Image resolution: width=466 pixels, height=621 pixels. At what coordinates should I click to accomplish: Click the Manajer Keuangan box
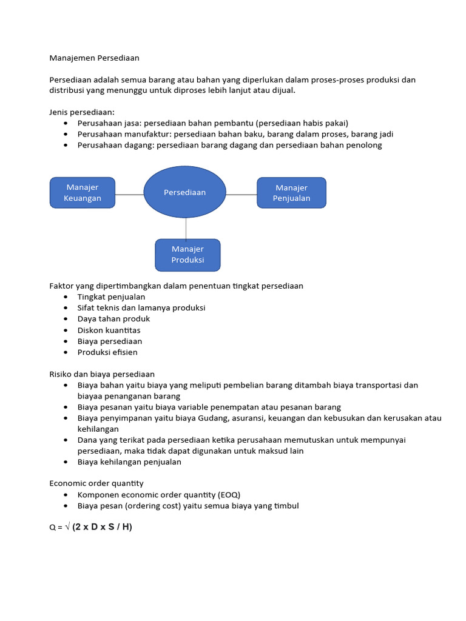[x=82, y=193]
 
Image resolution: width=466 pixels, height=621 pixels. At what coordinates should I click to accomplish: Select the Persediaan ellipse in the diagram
[x=185, y=192]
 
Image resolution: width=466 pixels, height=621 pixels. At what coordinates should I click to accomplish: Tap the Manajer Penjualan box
[x=291, y=193]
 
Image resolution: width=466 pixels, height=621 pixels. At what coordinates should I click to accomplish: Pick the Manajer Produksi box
[x=187, y=255]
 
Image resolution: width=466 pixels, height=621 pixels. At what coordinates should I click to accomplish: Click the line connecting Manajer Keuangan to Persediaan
[x=129, y=195]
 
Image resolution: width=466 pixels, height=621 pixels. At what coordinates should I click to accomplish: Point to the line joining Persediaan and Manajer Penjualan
[x=241, y=195]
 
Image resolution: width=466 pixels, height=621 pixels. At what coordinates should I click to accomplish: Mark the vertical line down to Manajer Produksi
[x=186, y=228]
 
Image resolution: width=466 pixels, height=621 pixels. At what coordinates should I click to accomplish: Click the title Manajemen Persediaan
[x=94, y=58]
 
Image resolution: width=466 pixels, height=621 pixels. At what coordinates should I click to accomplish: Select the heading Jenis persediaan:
[x=82, y=112]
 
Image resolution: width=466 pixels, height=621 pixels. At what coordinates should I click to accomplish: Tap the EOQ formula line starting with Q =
[x=90, y=527]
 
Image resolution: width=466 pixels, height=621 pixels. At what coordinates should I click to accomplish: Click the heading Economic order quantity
[x=96, y=483]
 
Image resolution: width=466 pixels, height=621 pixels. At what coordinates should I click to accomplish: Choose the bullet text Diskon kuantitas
[x=109, y=330]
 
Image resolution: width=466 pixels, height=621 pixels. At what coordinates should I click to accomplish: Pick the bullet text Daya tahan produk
[x=113, y=319]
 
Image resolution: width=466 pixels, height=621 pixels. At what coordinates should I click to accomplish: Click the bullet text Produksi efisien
[x=107, y=352]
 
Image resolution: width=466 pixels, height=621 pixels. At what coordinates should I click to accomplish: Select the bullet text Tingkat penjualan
[x=111, y=297]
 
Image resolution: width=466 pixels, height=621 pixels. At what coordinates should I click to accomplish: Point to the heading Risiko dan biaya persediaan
[x=101, y=374]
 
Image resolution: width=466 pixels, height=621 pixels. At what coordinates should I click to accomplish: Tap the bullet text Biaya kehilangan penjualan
[x=129, y=462]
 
